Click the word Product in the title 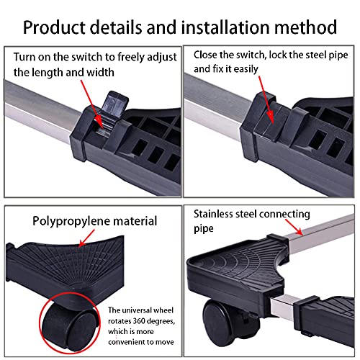(x=54, y=27)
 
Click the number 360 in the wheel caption (x=138, y=321)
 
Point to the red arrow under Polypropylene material (x=86, y=238)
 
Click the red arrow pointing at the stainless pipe (x=294, y=227)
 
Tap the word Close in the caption (x=204, y=55)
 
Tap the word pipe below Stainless (x=204, y=229)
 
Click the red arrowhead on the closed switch (x=271, y=117)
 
